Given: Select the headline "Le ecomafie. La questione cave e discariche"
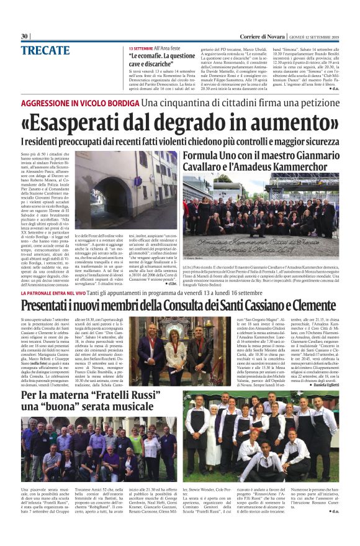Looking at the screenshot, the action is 161,59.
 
